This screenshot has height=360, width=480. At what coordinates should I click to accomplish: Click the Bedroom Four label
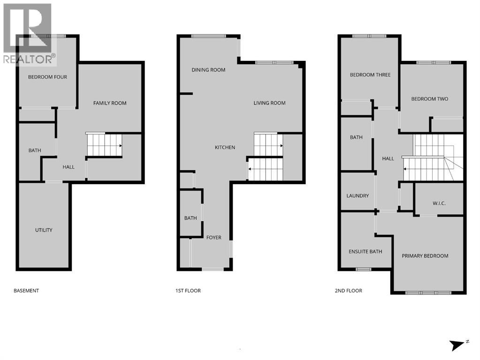click(x=47, y=77)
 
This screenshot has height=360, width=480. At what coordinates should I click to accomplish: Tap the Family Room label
click(x=110, y=103)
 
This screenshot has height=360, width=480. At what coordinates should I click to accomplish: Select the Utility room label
click(x=44, y=230)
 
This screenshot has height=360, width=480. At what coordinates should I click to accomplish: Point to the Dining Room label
click(x=208, y=70)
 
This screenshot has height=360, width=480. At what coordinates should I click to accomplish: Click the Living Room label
click(x=269, y=103)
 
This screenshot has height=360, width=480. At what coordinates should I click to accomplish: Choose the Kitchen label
click(x=225, y=148)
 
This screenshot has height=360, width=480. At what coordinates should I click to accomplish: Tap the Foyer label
click(x=213, y=237)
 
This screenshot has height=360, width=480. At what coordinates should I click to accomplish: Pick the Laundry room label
click(x=358, y=196)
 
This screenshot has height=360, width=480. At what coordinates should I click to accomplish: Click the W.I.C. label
click(x=439, y=203)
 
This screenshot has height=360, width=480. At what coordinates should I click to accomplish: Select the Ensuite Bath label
click(x=365, y=252)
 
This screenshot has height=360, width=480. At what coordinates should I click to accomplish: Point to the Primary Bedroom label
click(x=425, y=256)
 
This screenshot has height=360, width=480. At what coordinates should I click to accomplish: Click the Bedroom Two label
click(x=429, y=99)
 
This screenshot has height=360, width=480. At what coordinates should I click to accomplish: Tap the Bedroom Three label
click(x=370, y=75)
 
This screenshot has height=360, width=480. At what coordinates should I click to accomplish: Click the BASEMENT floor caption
click(x=26, y=291)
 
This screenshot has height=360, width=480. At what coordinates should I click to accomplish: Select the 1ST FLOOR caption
click(x=188, y=291)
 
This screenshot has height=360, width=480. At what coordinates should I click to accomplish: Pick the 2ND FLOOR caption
click(x=348, y=291)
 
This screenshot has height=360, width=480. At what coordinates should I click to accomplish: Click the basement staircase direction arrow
click(x=121, y=146)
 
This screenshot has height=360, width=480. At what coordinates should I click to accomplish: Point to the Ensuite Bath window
click(x=363, y=270)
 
